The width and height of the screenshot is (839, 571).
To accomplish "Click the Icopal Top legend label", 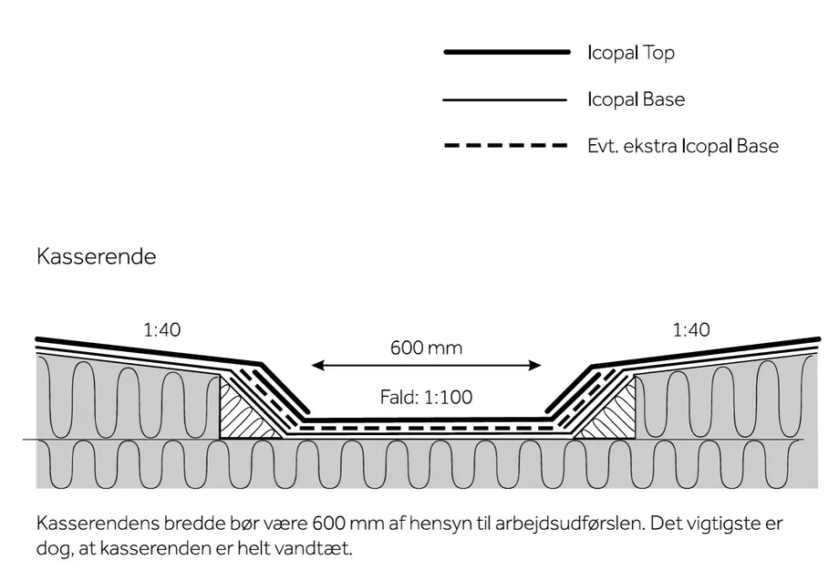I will (631, 53).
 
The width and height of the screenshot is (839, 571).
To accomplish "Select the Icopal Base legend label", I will (636, 99).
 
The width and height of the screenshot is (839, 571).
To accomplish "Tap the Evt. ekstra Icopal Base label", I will (683, 146).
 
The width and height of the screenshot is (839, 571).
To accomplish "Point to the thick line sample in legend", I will (506, 53).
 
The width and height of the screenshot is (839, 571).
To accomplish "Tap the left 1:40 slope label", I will (161, 330).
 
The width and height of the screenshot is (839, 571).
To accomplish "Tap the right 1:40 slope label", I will (690, 330).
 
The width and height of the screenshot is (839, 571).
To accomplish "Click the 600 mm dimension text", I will (426, 348).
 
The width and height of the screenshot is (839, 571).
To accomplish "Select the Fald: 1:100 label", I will (426, 398).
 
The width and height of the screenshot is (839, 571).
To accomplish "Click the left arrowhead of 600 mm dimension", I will (316, 366).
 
